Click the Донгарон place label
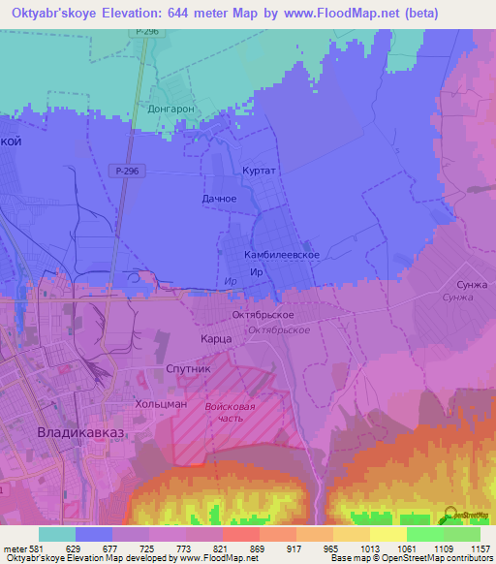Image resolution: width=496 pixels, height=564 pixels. [171, 109]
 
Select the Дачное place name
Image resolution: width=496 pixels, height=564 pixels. [219, 199]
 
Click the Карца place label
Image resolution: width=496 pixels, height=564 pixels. [215, 339]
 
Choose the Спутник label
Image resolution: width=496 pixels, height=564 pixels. [188, 369]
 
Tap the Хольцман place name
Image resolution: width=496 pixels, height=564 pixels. [161, 404]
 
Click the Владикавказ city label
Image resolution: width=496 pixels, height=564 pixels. [78, 432]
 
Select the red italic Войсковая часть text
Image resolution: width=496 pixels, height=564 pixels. [231, 414]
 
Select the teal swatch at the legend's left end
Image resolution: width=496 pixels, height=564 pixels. [57, 534]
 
